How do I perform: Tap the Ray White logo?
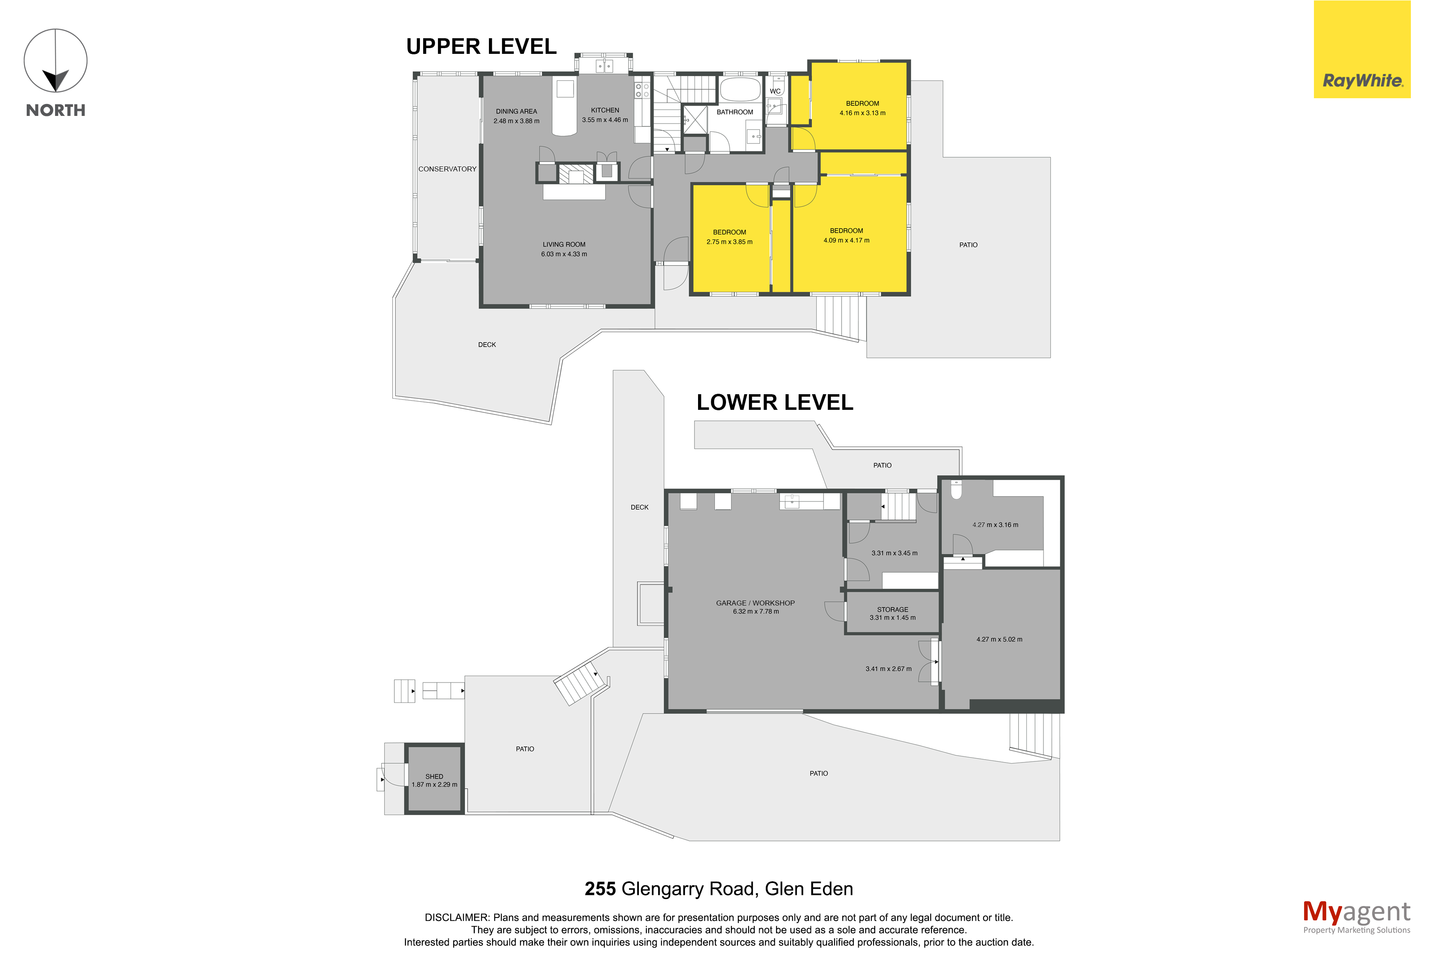tap(1362, 50)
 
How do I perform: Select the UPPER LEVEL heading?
tap(481, 46)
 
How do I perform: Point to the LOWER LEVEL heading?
tap(774, 402)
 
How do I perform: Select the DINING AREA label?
tap(516, 111)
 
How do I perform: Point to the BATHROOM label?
tap(735, 112)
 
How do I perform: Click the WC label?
tap(775, 91)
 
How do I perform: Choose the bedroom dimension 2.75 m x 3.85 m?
tap(729, 242)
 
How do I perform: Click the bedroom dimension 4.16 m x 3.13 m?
tap(862, 113)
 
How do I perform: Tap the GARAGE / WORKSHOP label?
tap(756, 603)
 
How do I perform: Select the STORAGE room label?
tap(892, 610)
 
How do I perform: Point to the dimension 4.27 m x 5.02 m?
tap(999, 640)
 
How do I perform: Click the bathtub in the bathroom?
tap(740, 89)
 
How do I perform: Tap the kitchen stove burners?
tap(642, 90)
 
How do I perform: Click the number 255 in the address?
tap(600, 889)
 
